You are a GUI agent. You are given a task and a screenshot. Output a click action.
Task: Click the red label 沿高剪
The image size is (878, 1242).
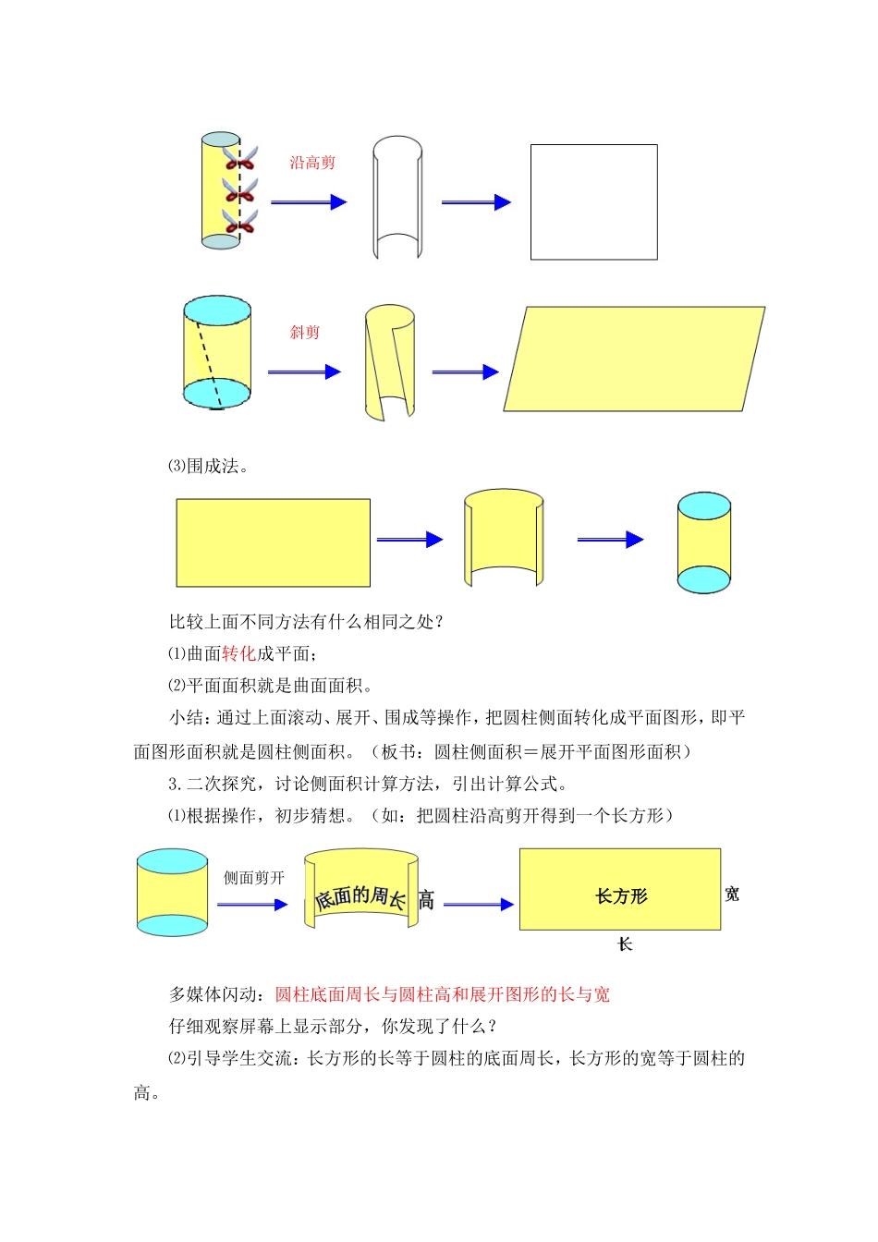[x=312, y=164]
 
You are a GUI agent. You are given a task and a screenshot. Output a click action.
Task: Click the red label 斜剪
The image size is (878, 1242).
[x=304, y=333]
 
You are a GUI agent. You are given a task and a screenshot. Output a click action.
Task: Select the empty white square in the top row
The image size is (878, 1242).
[x=593, y=201]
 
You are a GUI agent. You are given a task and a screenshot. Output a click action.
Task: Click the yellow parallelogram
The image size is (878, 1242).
[x=634, y=359]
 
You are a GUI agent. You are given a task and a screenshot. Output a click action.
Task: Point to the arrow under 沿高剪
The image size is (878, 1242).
[x=308, y=202]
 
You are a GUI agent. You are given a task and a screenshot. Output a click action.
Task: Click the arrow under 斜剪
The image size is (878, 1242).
[x=304, y=371]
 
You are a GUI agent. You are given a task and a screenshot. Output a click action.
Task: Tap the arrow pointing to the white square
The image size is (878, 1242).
[x=476, y=202]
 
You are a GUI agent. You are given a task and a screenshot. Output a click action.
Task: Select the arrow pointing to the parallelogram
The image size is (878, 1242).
[x=465, y=371]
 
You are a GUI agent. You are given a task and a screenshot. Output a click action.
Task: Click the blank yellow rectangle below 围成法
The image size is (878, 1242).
[x=273, y=542]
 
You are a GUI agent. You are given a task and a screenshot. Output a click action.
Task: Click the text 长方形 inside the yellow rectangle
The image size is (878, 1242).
[x=621, y=895]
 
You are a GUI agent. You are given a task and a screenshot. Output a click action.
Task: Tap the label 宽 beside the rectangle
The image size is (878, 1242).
[x=732, y=894]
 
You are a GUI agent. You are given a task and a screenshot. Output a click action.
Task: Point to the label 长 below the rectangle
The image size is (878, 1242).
[x=625, y=944]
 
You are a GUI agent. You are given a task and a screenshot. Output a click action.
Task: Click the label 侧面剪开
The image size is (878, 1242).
[x=254, y=878]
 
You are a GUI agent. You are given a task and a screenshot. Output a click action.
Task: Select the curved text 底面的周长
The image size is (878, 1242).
[x=360, y=896]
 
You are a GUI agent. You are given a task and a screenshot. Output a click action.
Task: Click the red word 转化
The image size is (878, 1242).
[x=238, y=653]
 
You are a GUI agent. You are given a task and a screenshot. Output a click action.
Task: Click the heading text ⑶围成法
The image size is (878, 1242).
[x=208, y=467]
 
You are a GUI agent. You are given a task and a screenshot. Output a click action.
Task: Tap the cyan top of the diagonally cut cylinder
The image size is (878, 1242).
[x=217, y=310]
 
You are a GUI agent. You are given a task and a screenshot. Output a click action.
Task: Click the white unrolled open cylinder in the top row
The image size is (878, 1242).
[x=397, y=199]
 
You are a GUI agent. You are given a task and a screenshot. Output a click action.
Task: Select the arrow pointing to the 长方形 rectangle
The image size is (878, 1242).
[x=478, y=905]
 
